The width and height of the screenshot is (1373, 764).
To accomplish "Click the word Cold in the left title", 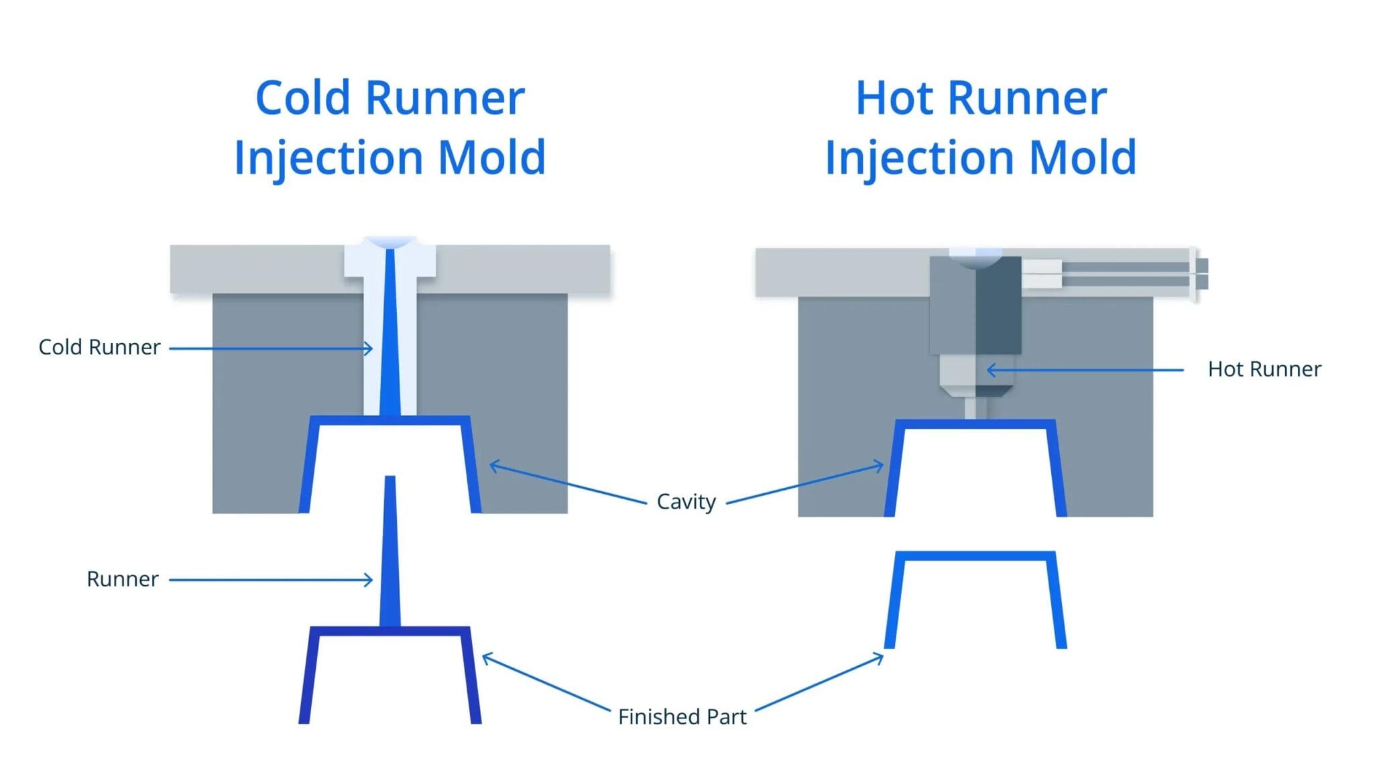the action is (303, 99).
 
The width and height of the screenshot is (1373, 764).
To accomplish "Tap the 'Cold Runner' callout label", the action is (99, 347).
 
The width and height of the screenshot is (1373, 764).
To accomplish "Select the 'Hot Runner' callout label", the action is (1264, 369).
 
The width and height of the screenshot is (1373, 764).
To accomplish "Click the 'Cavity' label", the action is (686, 501).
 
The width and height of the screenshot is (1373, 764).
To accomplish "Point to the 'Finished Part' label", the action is (682, 717).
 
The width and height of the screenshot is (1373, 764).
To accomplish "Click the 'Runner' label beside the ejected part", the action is (123, 579).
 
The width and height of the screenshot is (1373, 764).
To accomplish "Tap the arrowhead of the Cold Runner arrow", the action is (369, 348).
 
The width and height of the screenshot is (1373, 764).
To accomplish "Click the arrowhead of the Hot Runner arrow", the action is (992, 370).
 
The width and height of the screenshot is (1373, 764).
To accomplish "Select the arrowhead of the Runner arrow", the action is (369, 580).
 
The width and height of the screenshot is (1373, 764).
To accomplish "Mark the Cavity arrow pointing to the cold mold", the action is (569, 483).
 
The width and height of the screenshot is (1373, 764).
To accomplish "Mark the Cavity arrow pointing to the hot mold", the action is (805, 483).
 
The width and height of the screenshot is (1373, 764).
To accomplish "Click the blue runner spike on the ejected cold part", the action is (390, 551).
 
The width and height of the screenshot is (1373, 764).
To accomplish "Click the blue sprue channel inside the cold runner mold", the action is (390, 332).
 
